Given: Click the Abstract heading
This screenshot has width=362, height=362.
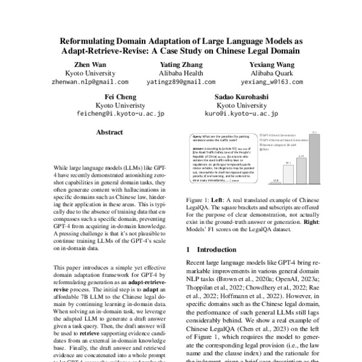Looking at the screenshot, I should pyautogui.click(x=109, y=132).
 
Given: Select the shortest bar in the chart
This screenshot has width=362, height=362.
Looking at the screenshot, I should pyautogui.click(x=275, y=182).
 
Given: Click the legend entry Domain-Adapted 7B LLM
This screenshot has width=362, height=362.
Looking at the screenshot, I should pyautogui.click(x=280, y=145).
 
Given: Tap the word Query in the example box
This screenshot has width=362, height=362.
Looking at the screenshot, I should pyautogui.click(x=197, y=137).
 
